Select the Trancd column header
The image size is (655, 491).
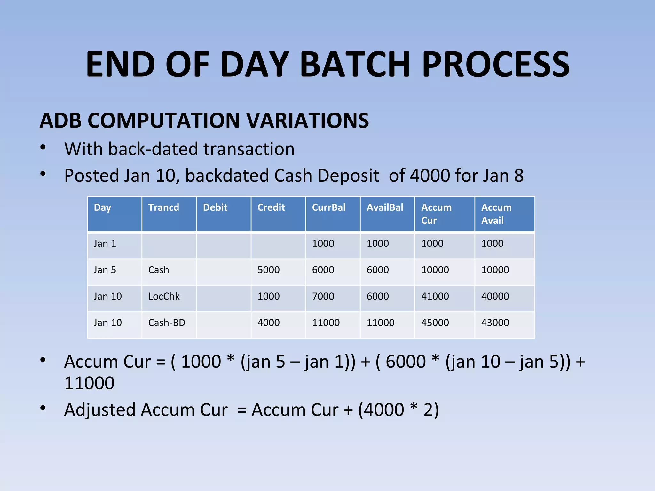click(163, 207)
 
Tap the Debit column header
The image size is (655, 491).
click(215, 207)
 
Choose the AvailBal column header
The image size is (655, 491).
click(385, 207)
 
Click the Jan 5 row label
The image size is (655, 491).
click(105, 270)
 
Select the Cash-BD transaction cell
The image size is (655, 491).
click(167, 323)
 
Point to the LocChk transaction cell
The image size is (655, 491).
click(164, 296)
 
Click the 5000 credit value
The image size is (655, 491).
click(268, 270)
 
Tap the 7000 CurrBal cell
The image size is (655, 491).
click(323, 296)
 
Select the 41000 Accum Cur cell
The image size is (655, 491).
click(435, 296)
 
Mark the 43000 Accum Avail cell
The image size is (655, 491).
click(495, 323)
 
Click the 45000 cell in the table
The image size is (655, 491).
click(435, 323)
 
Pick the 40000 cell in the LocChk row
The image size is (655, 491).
click(495, 296)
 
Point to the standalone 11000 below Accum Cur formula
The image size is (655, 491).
click(89, 383)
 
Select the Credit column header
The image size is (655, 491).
click(271, 207)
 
